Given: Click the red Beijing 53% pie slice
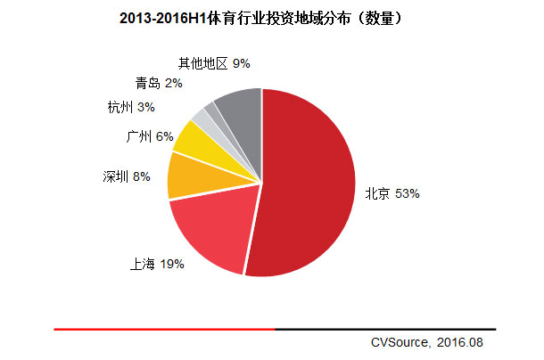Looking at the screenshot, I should click(x=308, y=187).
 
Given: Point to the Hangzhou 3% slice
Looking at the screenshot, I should click(x=202, y=119).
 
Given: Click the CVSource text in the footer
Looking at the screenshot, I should click(x=402, y=341).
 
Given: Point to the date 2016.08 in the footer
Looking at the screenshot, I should click(x=465, y=341).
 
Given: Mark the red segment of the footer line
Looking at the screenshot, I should click(x=165, y=329).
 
